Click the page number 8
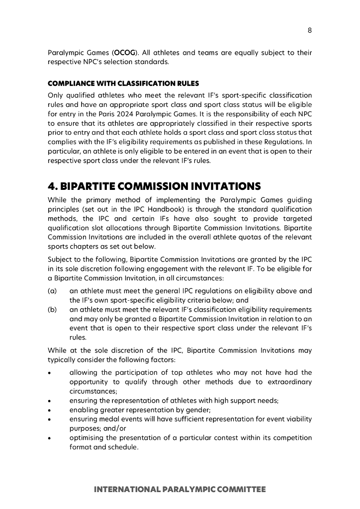310,30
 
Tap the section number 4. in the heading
53,187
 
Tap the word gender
199,410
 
